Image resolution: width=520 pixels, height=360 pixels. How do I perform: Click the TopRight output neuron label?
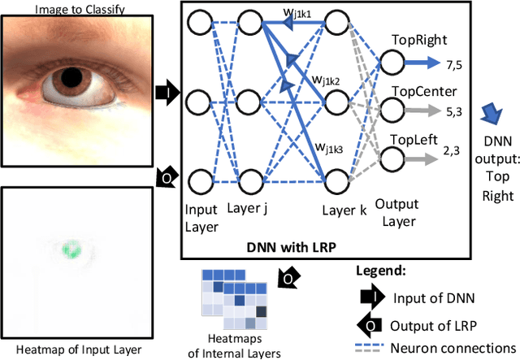(x=415, y=39)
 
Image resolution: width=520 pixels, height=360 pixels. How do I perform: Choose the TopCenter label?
(x=418, y=91)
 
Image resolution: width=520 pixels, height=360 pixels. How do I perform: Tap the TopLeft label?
(x=412, y=139)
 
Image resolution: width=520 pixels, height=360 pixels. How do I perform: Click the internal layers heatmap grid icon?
(x=233, y=297)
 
